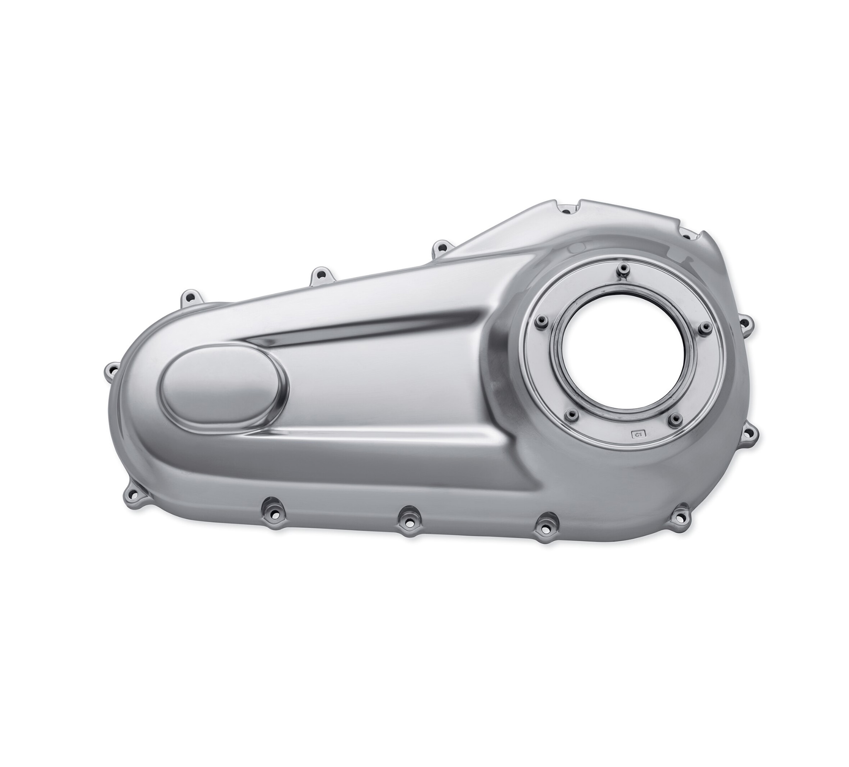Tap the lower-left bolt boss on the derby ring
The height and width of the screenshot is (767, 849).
pyautogui.click(x=571, y=416)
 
